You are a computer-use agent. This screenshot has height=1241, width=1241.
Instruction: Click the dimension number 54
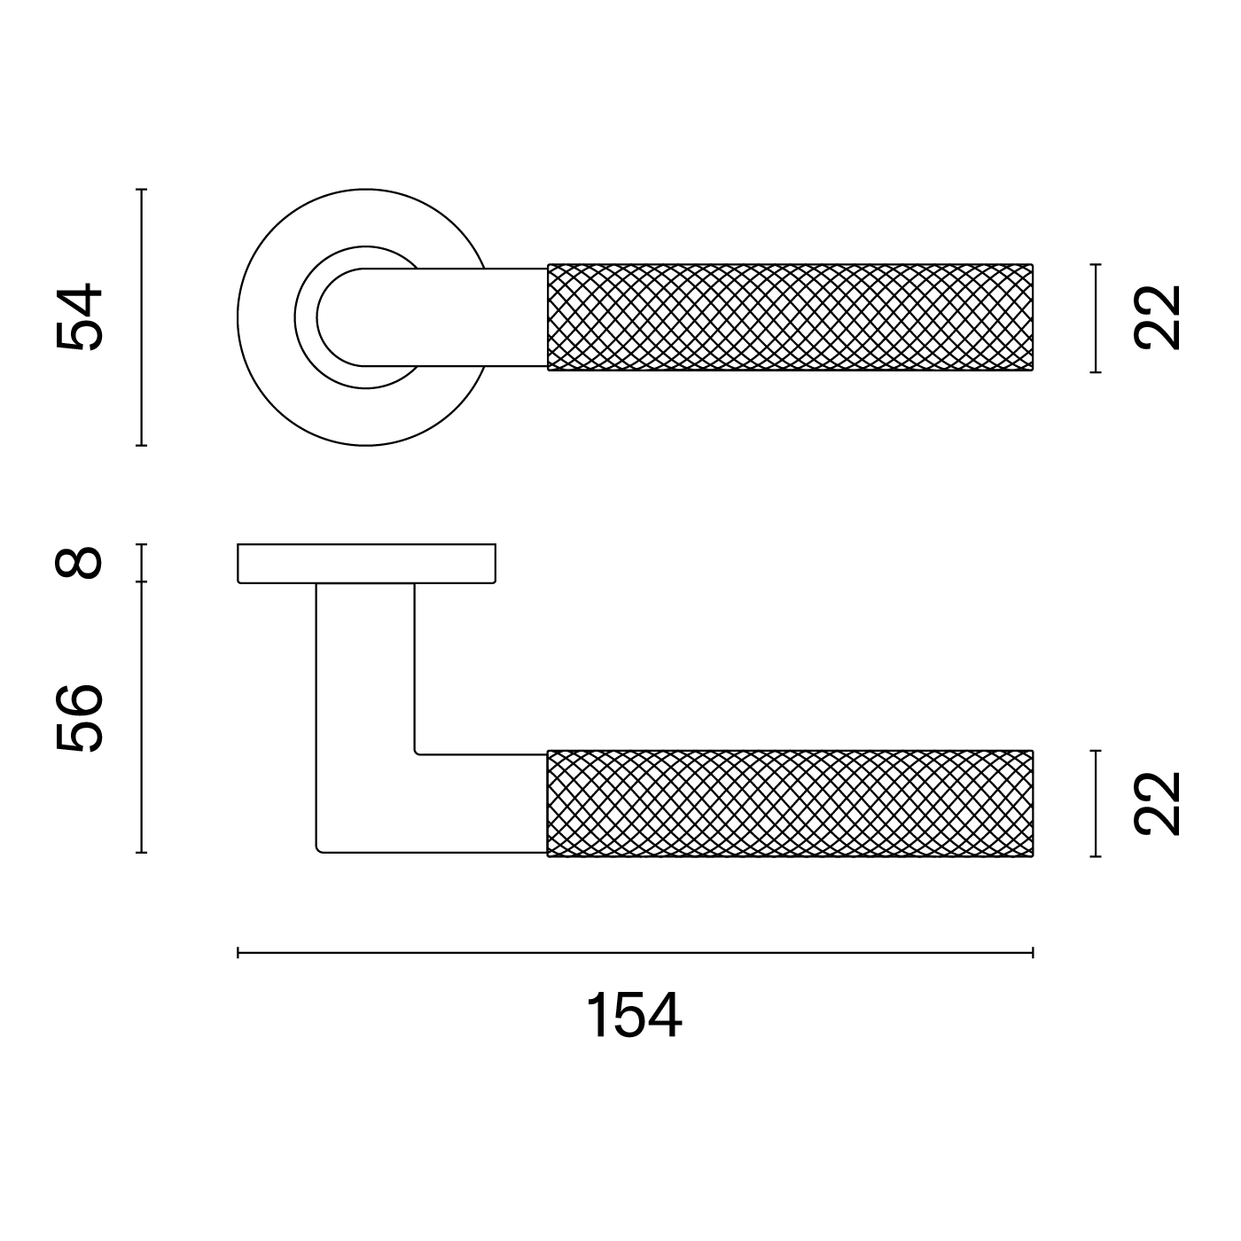(x=80, y=316)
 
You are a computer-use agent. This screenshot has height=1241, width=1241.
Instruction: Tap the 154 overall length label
(x=634, y=1016)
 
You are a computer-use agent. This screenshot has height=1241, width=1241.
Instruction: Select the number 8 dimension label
(x=79, y=563)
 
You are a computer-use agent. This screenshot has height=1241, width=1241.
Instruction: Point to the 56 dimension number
(x=80, y=718)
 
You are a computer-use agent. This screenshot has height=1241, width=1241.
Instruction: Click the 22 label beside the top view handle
(x=1158, y=317)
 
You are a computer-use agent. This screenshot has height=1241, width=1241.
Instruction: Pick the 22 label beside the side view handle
(x=1158, y=804)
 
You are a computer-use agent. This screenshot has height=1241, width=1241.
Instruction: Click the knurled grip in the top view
(x=790, y=317)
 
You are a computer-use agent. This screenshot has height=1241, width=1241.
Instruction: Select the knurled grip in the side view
(x=790, y=804)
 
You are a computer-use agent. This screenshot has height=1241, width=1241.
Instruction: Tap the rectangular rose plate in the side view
(x=366, y=564)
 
